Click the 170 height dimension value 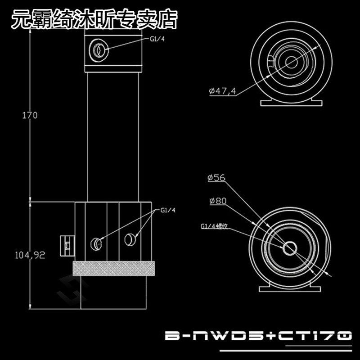click(x=30, y=115)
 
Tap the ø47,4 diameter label click(x=222, y=91)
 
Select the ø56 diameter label click(x=216, y=178)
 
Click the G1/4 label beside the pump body click(x=166, y=210)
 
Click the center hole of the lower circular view click(x=289, y=247)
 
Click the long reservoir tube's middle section click(x=114, y=135)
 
